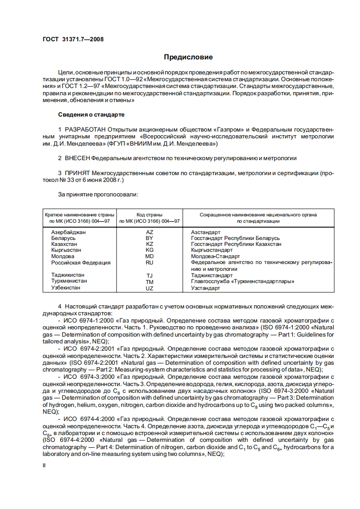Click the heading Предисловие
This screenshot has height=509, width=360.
(x=188, y=58)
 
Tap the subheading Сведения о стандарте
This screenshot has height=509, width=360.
(x=91, y=114)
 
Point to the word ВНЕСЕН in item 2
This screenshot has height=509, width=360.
(x=78, y=158)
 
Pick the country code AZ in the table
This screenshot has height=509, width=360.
(x=150, y=232)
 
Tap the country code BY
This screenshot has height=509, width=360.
(x=149, y=238)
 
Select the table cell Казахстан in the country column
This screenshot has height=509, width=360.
(x=64, y=244)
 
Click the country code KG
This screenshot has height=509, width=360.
(x=150, y=250)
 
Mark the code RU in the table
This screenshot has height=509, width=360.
(x=150, y=262)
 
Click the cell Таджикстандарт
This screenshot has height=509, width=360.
(x=212, y=275)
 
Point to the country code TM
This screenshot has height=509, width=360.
(x=150, y=282)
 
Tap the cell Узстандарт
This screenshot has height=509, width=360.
(x=205, y=288)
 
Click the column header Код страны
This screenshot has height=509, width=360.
(x=149, y=215)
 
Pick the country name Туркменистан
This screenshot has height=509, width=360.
(x=69, y=281)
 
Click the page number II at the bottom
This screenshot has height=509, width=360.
(x=44, y=465)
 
